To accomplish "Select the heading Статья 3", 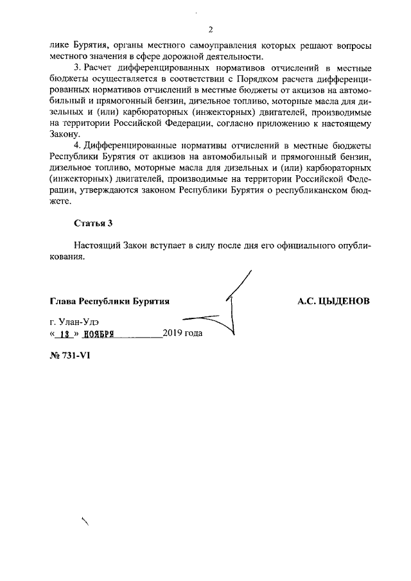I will pyautogui.click(x=93, y=223).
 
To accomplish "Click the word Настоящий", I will pyautogui.click(x=97, y=247).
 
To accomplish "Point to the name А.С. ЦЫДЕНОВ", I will pyautogui.click(x=333, y=300).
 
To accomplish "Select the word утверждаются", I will pyautogui.click(x=105, y=190).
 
